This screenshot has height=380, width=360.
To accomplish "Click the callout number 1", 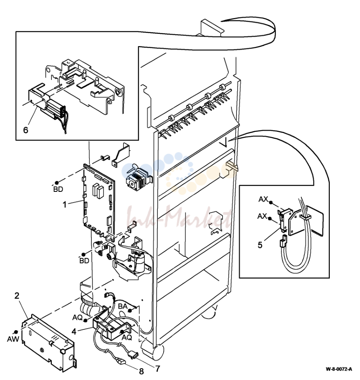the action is (x=64, y=205).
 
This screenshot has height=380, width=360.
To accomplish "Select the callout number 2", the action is (x=17, y=296).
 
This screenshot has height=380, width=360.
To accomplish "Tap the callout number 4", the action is (x=74, y=331).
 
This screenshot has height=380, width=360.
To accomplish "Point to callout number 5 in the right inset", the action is (x=260, y=245).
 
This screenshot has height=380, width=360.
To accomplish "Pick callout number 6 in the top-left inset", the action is (x=26, y=130).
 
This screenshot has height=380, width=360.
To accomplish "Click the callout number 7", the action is (x=158, y=369).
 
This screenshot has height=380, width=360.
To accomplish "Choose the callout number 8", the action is (x=141, y=371).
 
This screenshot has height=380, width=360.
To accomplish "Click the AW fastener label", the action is (x=13, y=339).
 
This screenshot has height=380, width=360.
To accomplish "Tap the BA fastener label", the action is (x=123, y=307).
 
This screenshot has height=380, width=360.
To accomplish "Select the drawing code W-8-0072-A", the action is (x=339, y=369).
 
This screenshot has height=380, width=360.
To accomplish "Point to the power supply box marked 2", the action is (x=48, y=343).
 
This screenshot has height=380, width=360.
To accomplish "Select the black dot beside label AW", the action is (x=16, y=332).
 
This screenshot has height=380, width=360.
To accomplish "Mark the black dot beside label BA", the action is (x=130, y=311).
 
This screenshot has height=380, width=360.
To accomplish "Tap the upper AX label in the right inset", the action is (x=263, y=199).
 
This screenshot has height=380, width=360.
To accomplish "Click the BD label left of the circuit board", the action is (x=58, y=189).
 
